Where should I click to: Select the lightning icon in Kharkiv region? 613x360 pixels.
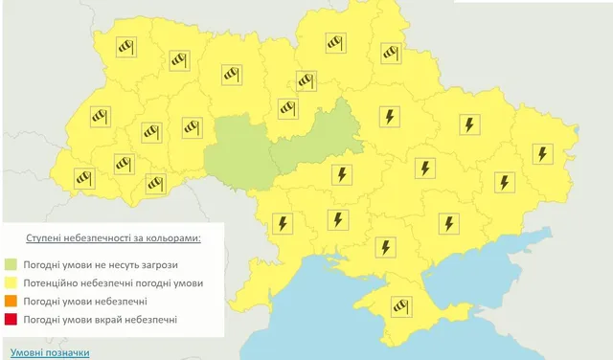tap(469, 125)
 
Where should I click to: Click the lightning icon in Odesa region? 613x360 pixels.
tap(283, 223)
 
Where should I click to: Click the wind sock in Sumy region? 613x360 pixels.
tap(390, 54)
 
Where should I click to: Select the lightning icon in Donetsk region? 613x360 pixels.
tap(503, 181)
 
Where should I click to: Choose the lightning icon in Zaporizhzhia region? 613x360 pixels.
tap(447, 223)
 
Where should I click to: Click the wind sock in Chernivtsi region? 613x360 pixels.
tap(154, 184)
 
